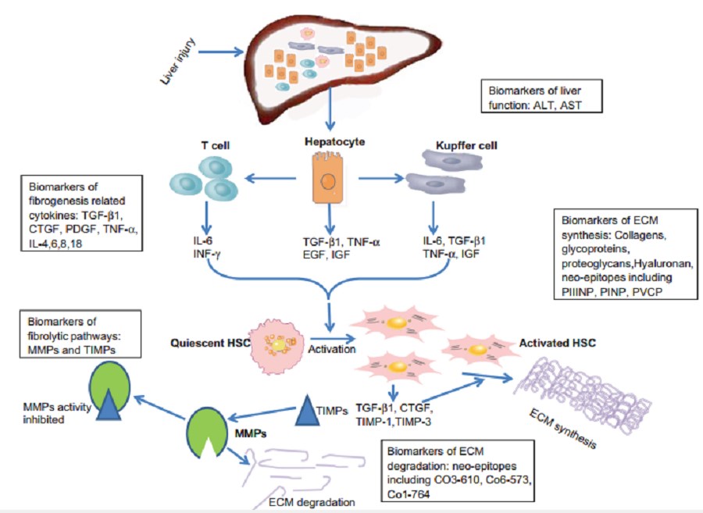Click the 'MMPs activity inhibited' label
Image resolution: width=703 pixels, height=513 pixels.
(x=46, y=412)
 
